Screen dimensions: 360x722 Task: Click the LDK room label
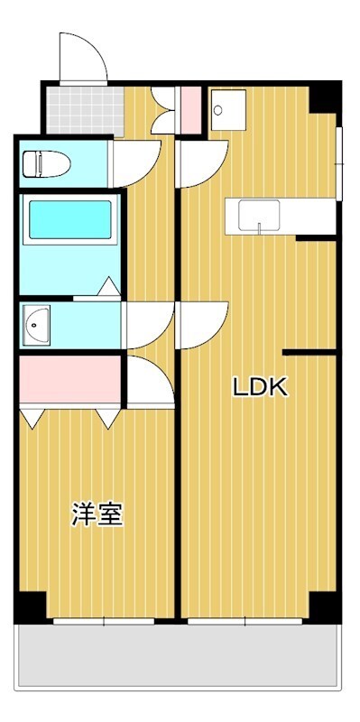click(261, 387)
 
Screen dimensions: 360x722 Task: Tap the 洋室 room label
click(97, 514)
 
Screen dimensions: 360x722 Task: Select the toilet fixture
click(46, 163)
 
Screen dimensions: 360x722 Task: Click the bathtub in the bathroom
click(70, 219)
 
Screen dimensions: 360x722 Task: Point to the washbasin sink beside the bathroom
click(36, 325)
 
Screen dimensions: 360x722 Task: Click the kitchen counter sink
click(259, 215)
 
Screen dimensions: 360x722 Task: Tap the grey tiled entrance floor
click(85, 111)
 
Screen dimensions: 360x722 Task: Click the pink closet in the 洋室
click(70, 378)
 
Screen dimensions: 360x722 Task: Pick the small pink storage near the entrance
click(190, 110)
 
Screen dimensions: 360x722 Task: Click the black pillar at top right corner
click(325, 98)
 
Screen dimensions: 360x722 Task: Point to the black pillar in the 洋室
click(31, 606)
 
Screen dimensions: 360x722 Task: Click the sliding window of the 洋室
click(104, 621)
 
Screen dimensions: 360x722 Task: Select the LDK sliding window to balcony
click(245, 621)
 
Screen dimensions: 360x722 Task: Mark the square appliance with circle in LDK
click(228, 109)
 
